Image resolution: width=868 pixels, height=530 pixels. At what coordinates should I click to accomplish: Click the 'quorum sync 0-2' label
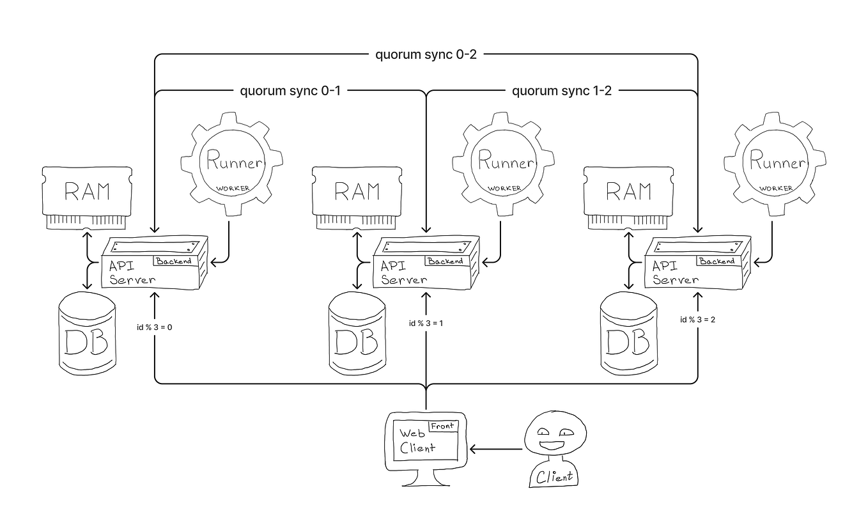click(426, 54)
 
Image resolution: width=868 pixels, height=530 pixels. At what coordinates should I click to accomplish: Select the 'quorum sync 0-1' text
click(290, 91)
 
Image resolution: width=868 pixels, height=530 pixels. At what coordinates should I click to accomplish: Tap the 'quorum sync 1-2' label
click(562, 91)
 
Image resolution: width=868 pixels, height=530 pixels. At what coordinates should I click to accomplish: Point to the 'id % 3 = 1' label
click(426, 323)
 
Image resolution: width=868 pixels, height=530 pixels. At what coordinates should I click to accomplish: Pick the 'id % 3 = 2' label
click(697, 319)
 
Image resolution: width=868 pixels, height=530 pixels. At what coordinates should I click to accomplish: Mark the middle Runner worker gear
click(500, 164)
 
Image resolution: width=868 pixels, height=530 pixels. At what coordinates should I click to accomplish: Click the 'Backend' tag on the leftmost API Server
click(173, 261)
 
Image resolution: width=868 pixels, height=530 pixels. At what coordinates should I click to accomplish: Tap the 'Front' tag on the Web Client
click(442, 426)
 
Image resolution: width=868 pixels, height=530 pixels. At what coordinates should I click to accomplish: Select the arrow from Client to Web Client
click(497, 449)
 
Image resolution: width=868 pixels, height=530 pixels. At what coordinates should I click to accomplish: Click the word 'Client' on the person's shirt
click(554, 477)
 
